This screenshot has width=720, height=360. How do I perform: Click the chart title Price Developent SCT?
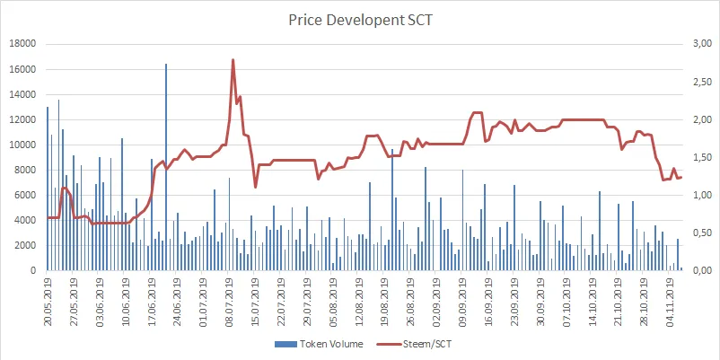359,18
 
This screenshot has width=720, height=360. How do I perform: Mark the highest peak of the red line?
233,60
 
